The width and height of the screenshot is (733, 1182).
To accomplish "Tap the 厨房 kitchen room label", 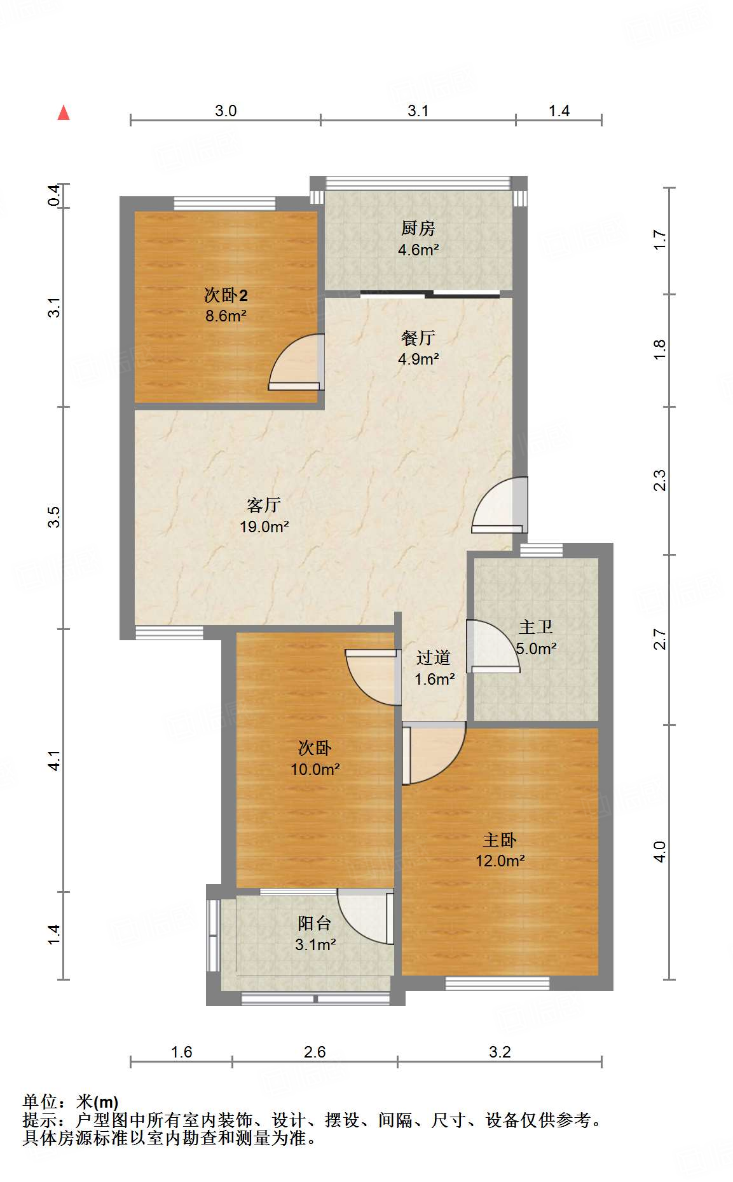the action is [418, 228].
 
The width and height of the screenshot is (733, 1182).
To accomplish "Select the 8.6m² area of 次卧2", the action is [226, 316].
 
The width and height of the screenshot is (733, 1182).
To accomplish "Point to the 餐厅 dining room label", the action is [418, 337].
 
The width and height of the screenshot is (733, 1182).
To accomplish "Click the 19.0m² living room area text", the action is [264, 527].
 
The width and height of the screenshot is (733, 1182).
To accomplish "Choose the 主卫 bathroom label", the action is [536, 627].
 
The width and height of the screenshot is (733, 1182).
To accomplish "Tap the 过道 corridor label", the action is [434, 657].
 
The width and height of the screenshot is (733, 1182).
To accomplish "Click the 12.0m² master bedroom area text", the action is [500, 861].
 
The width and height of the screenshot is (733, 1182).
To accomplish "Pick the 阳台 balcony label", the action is [315, 923].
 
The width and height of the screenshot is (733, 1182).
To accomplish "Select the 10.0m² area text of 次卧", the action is [315, 769].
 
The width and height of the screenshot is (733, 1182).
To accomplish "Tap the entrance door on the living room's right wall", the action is [500, 505].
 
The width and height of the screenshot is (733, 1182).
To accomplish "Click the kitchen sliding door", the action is [430, 294].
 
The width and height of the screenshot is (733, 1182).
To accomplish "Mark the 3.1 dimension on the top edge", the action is [418, 111].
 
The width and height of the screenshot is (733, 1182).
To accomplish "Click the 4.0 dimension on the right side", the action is [660, 851].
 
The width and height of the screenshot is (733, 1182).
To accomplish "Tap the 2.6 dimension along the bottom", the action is [315, 1052].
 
